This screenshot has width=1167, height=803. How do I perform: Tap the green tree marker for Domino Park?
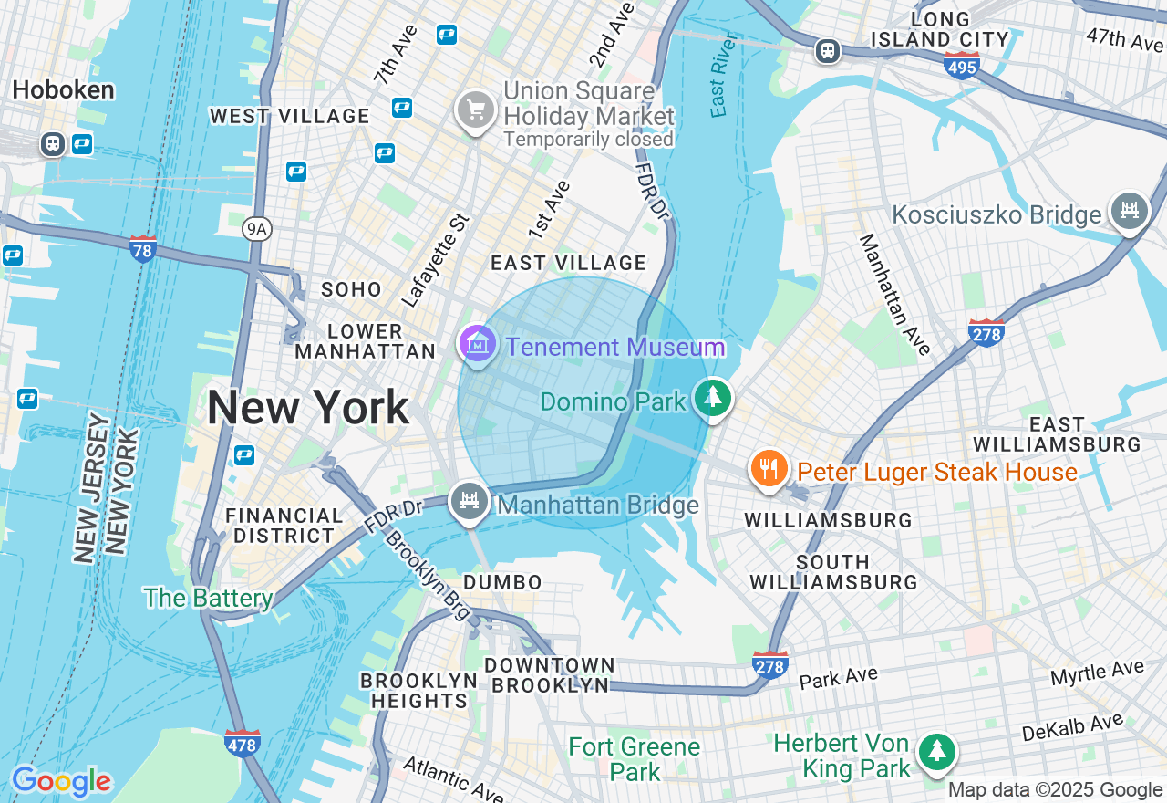(x=713, y=398)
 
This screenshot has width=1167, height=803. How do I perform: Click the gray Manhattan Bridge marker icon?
(x=470, y=501)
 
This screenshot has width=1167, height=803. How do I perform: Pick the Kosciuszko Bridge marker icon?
(x=1130, y=211)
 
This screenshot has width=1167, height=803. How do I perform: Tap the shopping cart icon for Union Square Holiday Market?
(x=475, y=110)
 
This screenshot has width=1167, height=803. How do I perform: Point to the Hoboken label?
(x=64, y=89)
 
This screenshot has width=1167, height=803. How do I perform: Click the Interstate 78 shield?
(x=142, y=248)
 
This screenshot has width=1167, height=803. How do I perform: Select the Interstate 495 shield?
(x=962, y=65)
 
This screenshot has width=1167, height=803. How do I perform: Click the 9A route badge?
(x=257, y=229)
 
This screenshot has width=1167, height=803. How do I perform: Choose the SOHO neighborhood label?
(x=352, y=289)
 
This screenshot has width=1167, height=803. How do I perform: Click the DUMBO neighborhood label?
(x=502, y=582)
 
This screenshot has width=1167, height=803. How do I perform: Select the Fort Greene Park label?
(x=634, y=759)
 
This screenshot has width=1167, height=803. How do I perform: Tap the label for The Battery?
(x=208, y=598)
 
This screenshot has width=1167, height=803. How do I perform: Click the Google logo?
(x=62, y=782)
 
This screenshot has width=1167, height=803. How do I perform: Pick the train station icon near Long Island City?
(x=828, y=51)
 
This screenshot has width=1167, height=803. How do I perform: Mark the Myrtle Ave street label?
(x=1097, y=673)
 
